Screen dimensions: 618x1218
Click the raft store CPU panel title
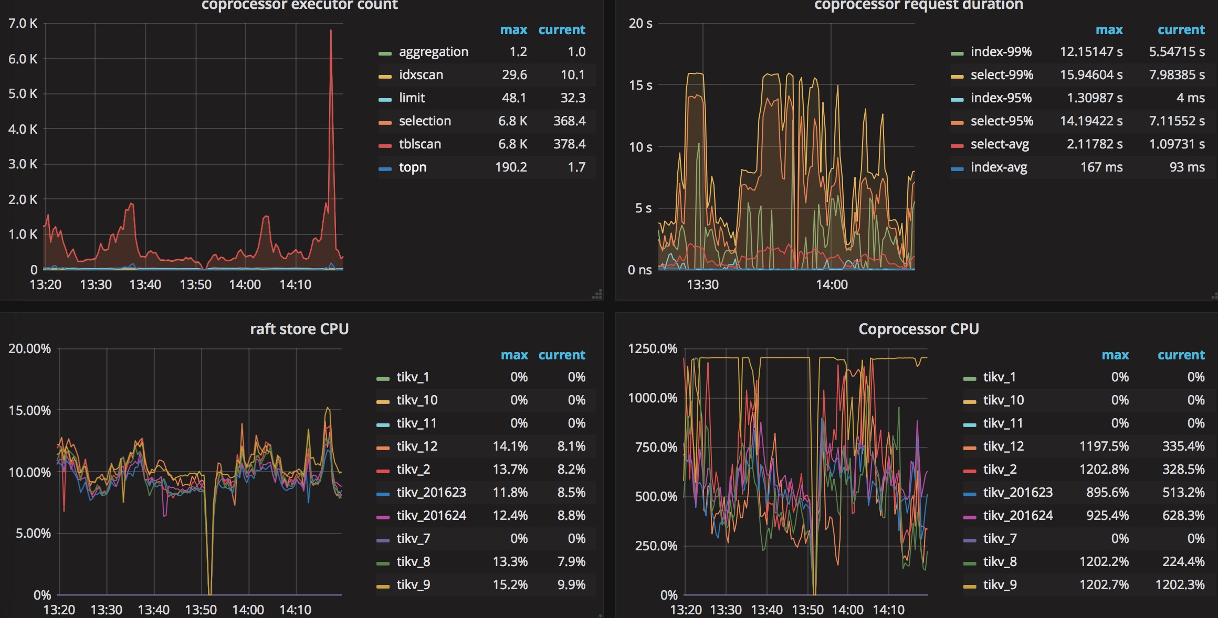click(299, 329)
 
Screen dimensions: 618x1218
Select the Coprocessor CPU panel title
click(918, 329)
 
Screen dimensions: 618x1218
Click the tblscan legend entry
click(419, 144)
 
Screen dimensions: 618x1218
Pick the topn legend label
click(412, 167)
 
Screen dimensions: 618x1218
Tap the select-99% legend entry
click(1001, 75)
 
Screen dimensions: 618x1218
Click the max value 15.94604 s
click(1091, 75)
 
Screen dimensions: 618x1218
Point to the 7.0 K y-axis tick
click(23, 24)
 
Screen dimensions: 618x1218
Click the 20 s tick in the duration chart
click(640, 24)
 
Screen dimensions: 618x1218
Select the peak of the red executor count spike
click(331, 30)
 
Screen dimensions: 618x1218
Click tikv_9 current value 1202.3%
click(1180, 585)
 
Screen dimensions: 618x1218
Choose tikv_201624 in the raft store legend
click(431, 516)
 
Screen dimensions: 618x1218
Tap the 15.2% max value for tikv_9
click(510, 585)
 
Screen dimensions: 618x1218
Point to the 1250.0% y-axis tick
click(653, 349)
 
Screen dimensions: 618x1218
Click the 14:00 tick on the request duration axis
click(832, 285)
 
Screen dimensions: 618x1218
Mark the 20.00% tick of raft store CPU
click(29, 349)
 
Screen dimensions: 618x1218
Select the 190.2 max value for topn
click(511, 167)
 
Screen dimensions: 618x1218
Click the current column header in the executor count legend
click(561, 30)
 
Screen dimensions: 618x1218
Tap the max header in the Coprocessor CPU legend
click(1115, 355)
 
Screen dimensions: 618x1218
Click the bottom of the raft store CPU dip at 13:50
click(210, 593)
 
